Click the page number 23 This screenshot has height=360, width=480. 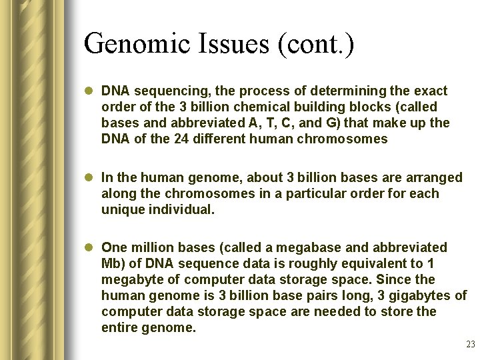(x=470, y=345)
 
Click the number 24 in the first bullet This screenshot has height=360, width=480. (x=176, y=139)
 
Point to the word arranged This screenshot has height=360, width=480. (x=436, y=177)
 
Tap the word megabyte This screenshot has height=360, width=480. (x=131, y=279)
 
